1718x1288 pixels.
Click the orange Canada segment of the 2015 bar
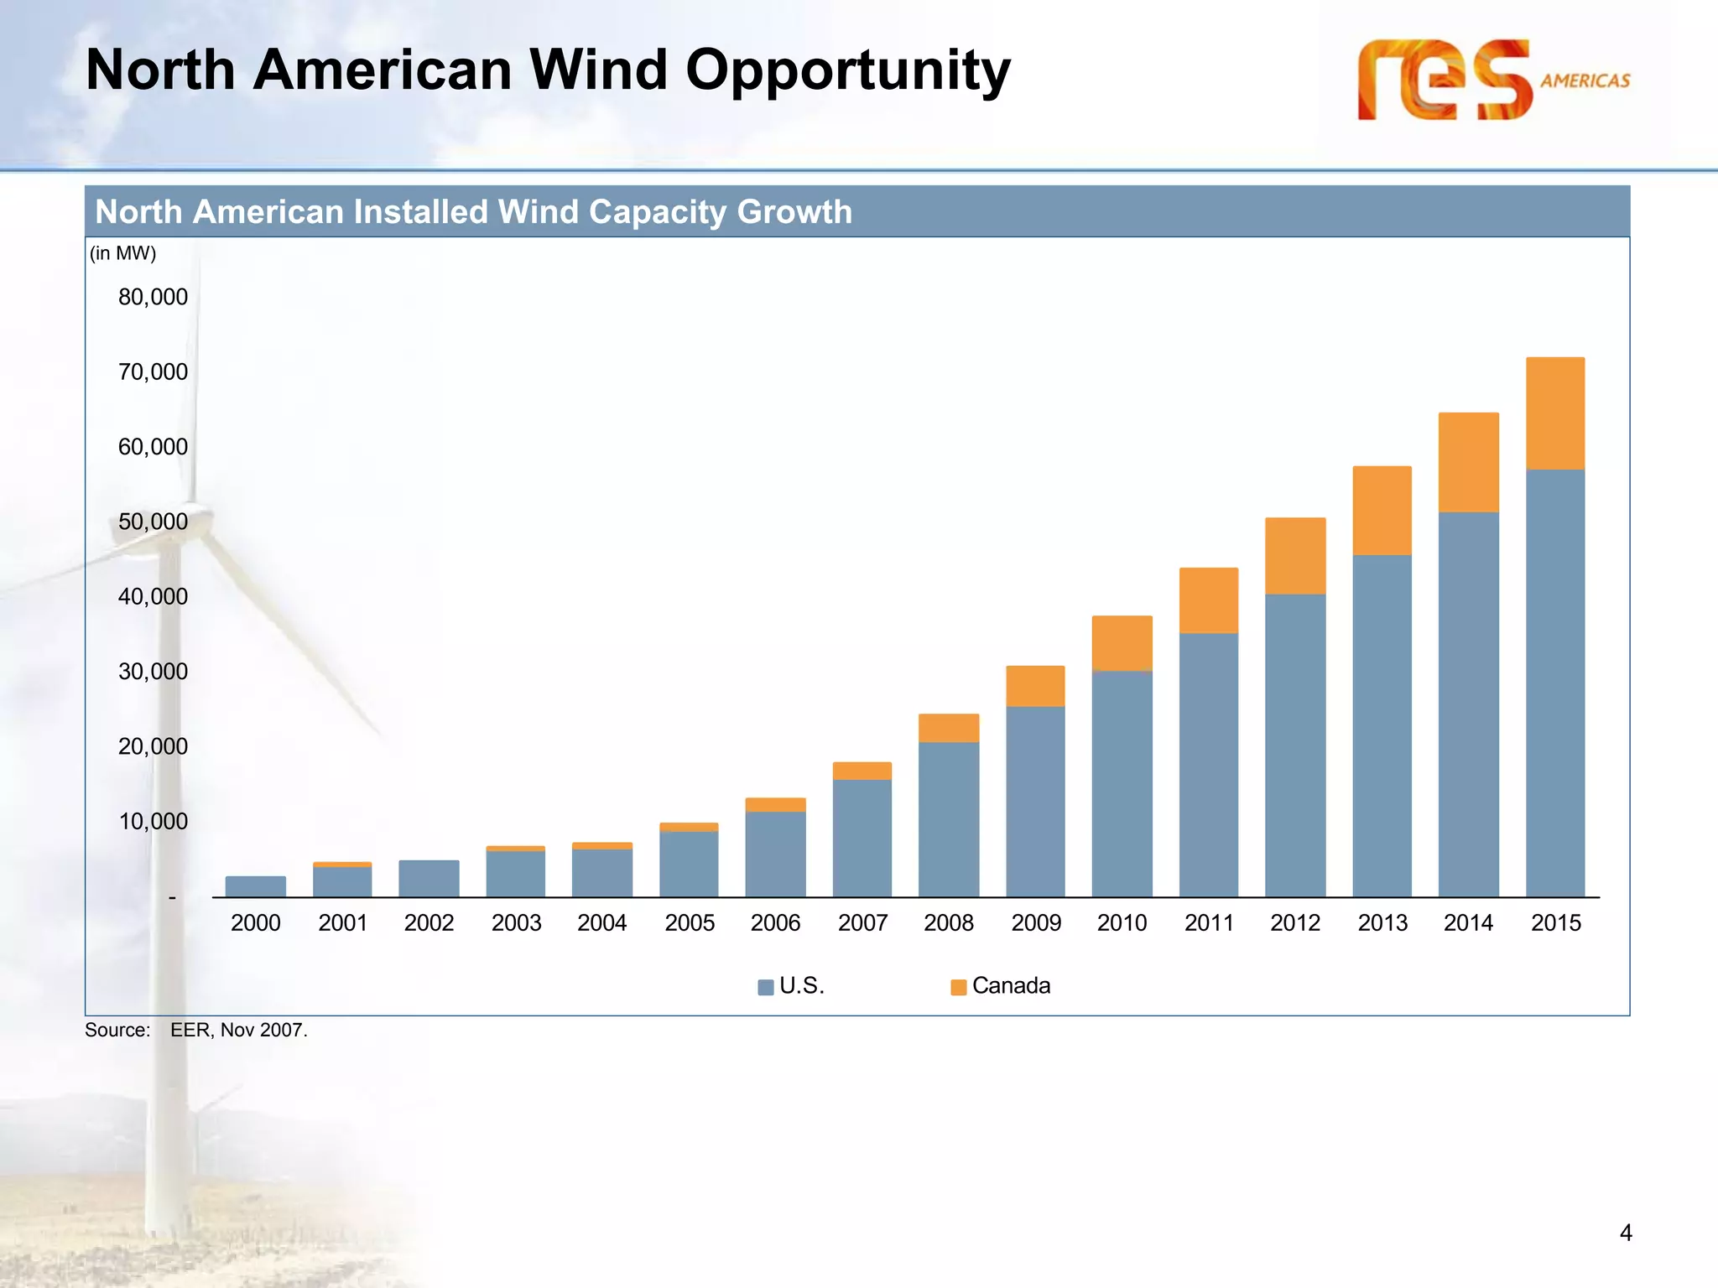(1554, 413)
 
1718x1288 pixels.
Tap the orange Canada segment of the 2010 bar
(1122, 643)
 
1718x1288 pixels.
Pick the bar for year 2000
(256, 886)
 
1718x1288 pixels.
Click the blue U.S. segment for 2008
(949, 818)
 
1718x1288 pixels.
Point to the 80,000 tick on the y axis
(153, 297)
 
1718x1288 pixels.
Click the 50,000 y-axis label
(153, 522)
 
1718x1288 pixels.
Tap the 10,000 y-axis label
(153, 821)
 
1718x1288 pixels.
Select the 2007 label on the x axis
(862, 922)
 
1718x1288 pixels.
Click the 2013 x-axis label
(1382, 922)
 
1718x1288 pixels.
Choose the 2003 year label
(516, 922)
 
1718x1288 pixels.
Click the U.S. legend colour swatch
(765, 987)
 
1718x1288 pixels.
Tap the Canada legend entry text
(1011, 985)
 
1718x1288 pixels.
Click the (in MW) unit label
(123, 253)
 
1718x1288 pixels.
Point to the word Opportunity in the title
(847, 70)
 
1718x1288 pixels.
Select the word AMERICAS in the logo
(1585, 80)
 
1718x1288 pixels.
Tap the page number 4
(1625, 1233)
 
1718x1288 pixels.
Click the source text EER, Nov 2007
(239, 1030)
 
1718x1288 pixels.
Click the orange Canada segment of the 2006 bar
(775, 805)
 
